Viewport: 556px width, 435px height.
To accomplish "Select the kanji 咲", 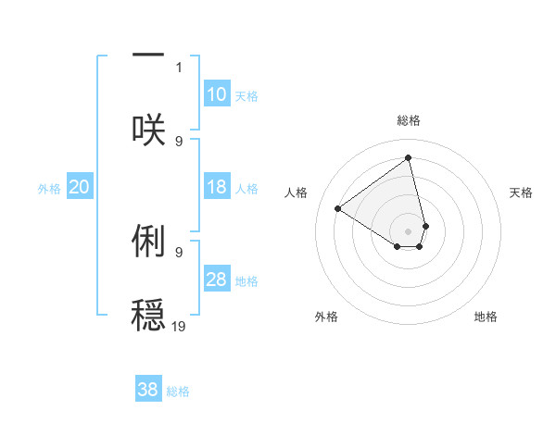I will (x=148, y=128).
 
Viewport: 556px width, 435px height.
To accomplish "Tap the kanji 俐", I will (x=148, y=241).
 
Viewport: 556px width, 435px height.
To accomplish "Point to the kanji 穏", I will (x=148, y=313).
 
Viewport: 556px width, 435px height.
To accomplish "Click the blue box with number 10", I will (x=217, y=94).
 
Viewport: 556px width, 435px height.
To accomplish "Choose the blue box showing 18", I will (x=217, y=187).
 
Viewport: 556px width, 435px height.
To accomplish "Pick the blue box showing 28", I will (x=217, y=280).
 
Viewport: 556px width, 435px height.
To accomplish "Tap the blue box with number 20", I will (x=80, y=187).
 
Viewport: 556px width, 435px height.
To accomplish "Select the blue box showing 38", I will (x=148, y=390).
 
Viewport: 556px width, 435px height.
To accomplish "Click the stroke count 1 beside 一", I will (x=179, y=67).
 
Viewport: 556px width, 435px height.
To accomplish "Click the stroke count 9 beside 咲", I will (x=179, y=141).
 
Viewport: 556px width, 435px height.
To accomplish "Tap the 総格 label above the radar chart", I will (x=409, y=120).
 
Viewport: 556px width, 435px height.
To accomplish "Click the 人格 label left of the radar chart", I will (x=297, y=193).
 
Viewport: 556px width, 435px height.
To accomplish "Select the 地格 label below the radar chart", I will (x=486, y=317).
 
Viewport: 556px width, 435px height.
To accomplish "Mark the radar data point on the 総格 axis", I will (x=409, y=157).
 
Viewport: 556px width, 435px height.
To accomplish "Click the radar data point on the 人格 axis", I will (x=338, y=208).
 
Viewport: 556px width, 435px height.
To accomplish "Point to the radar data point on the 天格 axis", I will (x=425, y=225).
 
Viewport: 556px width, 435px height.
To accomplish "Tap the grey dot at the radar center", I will (x=409, y=230).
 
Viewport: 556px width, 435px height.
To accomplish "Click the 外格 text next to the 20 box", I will (x=49, y=189).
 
